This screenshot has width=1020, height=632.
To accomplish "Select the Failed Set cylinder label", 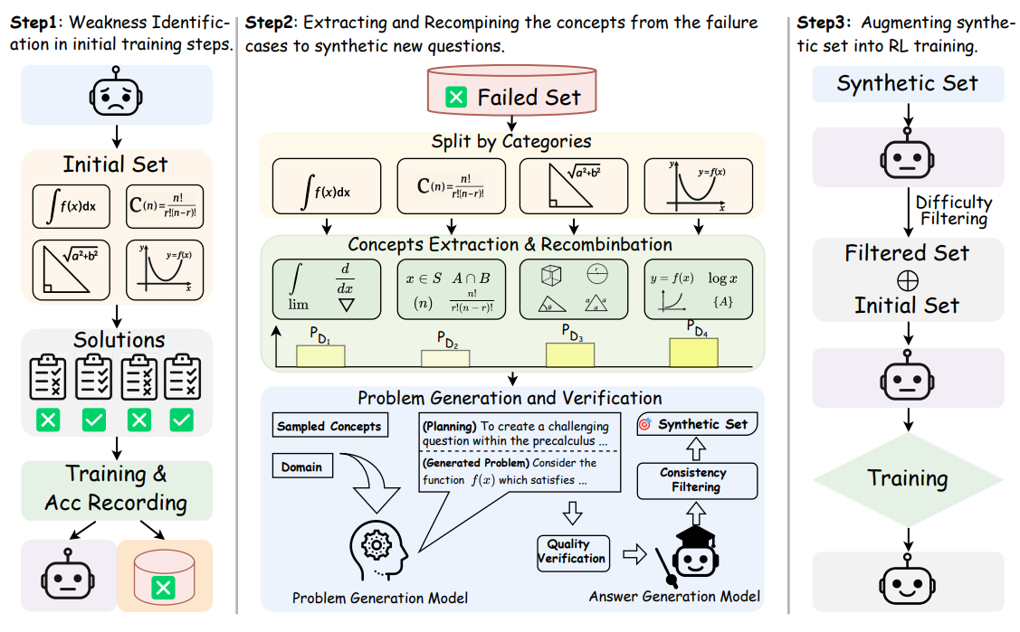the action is tap(512, 91).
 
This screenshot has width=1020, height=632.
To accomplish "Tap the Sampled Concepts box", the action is tap(329, 426).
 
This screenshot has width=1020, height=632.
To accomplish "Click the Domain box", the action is tap(302, 467).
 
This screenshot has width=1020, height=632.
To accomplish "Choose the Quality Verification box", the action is tap(572, 552).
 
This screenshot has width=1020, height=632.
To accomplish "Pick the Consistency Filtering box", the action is tap(697, 480).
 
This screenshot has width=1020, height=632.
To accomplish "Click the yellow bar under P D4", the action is tap(694, 352).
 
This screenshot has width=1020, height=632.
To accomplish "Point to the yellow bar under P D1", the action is tap(320, 356).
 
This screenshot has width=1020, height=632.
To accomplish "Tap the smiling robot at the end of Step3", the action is tap(908, 582).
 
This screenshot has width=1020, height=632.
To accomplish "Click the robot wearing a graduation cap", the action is tap(695, 551).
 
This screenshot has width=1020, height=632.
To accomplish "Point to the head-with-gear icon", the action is tap(378, 550).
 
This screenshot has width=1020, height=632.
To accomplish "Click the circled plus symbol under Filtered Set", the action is tap(908, 280).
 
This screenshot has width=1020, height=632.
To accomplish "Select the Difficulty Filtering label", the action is tap(954, 210).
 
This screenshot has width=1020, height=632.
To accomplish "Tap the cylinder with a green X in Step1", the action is tap(164, 576).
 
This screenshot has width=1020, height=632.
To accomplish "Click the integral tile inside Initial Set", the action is tap(71, 206).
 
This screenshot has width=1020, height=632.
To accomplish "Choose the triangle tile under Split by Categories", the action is tap(574, 185).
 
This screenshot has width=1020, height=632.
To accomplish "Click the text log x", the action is tap(723, 278).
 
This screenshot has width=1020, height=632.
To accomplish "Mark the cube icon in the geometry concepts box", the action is tap(551, 276).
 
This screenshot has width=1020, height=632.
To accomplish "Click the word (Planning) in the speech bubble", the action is tap(450, 427).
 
